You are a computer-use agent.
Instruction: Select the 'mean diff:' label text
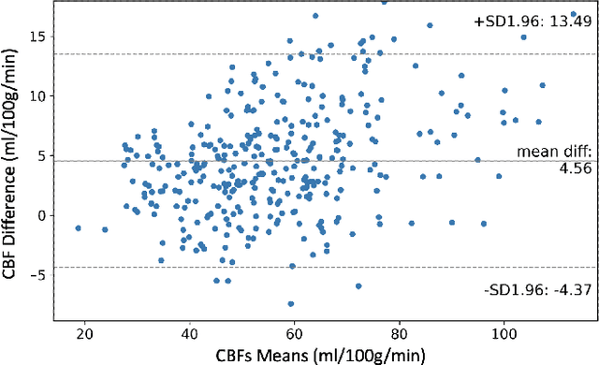[x=548, y=152]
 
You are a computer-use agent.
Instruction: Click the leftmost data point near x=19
[x=78, y=227]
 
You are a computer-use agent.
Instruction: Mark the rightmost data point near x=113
[x=574, y=14]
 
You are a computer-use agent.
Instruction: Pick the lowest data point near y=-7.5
[x=291, y=304]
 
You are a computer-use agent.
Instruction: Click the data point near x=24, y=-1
[x=105, y=229]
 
